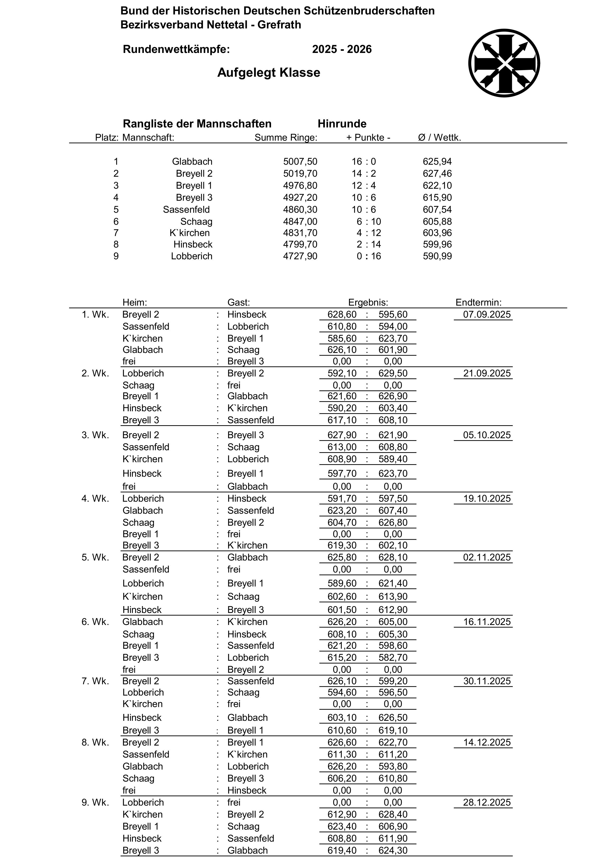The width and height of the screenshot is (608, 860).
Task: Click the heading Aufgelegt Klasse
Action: pyautogui.click(x=269, y=72)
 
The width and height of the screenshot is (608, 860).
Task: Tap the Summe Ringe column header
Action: pyautogui.click(x=286, y=137)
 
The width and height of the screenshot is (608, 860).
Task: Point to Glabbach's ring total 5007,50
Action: pyautogui.click(x=300, y=162)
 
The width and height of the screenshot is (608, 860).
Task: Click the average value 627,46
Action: pyautogui.click(x=437, y=174)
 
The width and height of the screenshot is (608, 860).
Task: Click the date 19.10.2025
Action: pyautogui.click(x=487, y=499)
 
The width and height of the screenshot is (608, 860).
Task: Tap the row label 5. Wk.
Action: pyautogui.click(x=95, y=557)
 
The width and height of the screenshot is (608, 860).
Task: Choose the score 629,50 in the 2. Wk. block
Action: pyautogui.click(x=393, y=374)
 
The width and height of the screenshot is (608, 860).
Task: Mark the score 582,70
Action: pyautogui.click(x=393, y=658)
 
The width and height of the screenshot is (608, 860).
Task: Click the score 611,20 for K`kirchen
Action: pyautogui.click(x=393, y=754)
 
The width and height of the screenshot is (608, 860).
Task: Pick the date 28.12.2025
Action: pyautogui.click(x=487, y=802)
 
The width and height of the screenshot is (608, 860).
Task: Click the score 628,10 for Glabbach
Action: pyautogui.click(x=393, y=557)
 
